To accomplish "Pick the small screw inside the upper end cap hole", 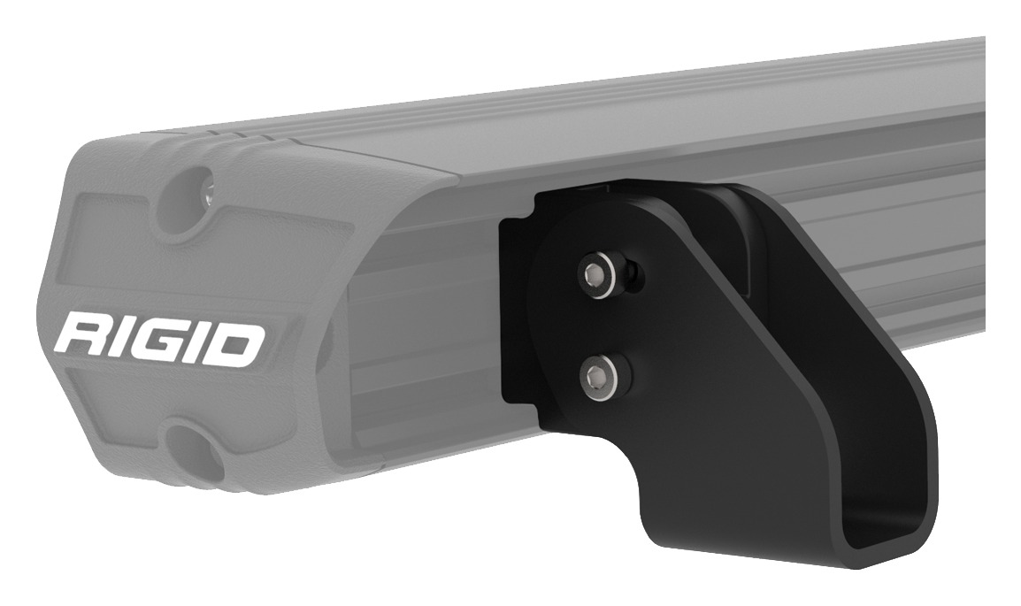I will click(208, 188).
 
